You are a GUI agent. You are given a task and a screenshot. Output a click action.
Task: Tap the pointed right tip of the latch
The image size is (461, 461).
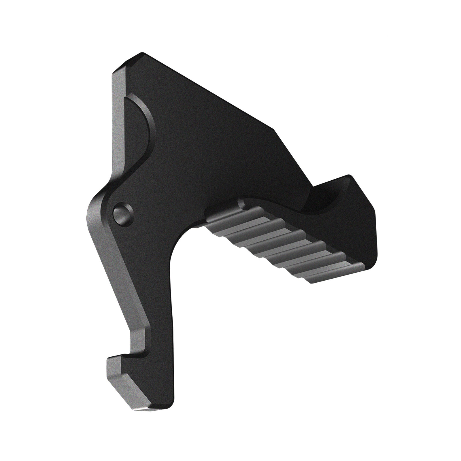350,176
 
